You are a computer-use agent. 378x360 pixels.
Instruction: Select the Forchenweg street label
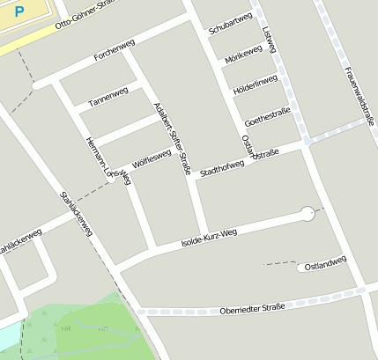click(x=113, y=56)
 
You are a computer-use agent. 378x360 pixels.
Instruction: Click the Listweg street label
click(x=270, y=39)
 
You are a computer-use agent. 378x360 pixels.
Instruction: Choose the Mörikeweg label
click(x=244, y=57)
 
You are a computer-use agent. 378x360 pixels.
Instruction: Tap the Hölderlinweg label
click(x=255, y=85)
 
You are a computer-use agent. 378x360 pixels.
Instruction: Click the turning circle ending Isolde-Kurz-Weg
click(x=307, y=212)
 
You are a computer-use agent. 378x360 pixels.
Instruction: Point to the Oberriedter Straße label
click(x=252, y=307)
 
